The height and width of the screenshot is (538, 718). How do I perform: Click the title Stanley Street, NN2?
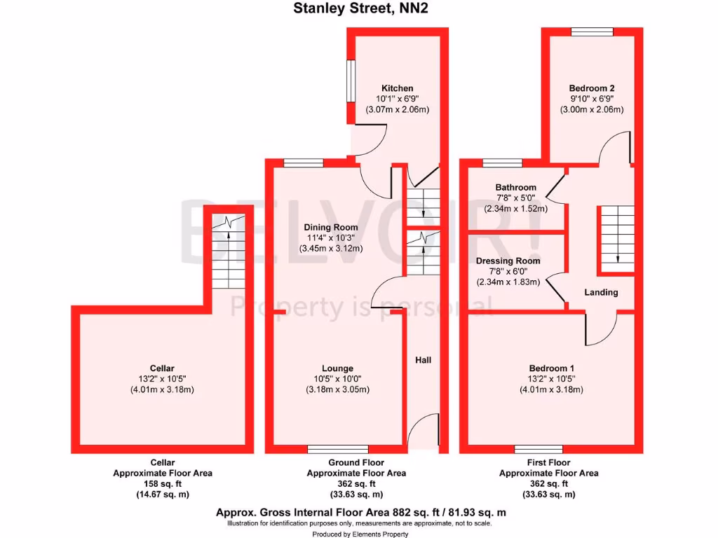[x=359, y=10]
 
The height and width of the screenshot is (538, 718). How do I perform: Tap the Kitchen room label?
[x=397, y=88]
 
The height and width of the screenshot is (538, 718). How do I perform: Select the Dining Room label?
[x=330, y=227]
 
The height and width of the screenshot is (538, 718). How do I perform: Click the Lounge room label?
[x=337, y=368]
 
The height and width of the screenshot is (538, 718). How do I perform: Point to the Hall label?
[x=423, y=360]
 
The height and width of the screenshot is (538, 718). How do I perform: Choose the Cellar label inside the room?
[x=162, y=368]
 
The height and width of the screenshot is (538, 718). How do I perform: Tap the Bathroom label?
[x=515, y=188]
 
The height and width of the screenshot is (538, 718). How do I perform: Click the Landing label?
[x=601, y=292]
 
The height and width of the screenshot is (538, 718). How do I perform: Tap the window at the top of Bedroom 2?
[x=591, y=32]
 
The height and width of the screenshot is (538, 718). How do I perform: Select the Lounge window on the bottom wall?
[x=337, y=448]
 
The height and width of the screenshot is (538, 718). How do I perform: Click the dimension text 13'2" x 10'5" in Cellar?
[x=162, y=379]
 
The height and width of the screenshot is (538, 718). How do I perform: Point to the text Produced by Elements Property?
[x=359, y=533]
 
